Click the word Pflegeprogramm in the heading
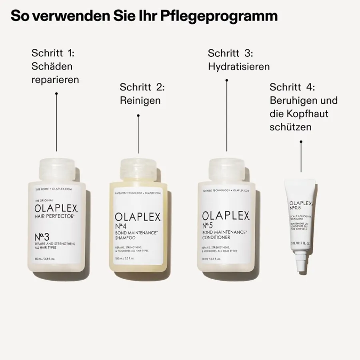pos(219,16)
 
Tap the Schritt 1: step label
pos(53,53)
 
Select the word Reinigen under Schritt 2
pos(140,100)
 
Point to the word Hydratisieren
pos(239,66)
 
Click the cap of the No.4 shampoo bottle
pos(138,169)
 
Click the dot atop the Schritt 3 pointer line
pos(227,80)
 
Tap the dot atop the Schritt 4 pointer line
pos(301,141)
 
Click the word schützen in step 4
pos(290,127)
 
